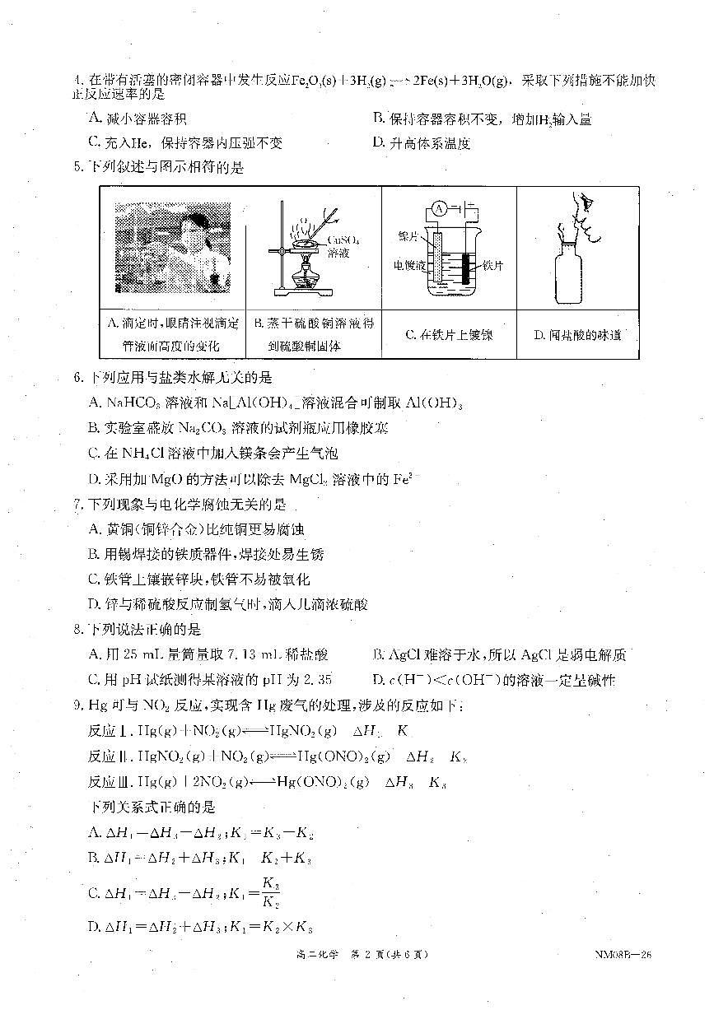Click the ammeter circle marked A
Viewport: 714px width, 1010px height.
(x=439, y=209)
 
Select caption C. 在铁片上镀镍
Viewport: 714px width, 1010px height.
(x=450, y=335)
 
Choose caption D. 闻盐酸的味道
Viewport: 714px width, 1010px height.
(x=577, y=335)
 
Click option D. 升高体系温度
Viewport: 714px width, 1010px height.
(x=421, y=143)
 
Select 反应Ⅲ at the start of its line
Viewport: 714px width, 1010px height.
(x=110, y=782)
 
